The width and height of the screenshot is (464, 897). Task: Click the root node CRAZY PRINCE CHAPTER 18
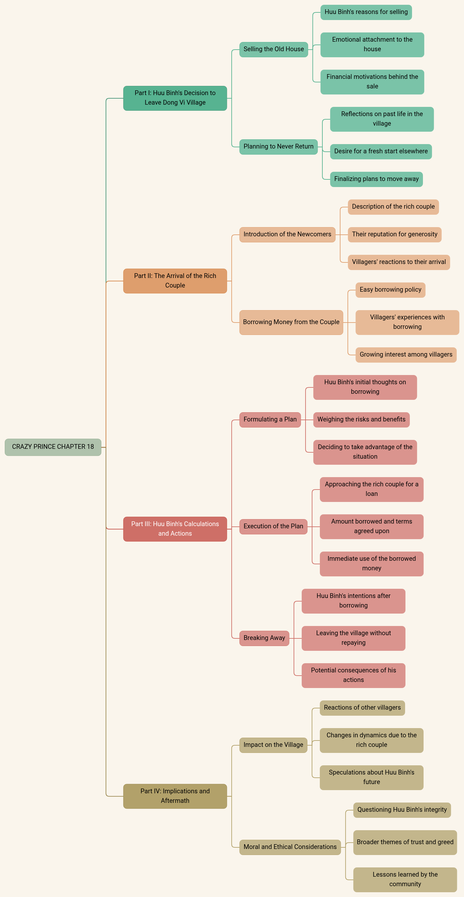(53, 447)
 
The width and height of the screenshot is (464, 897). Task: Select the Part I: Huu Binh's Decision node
(175, 98)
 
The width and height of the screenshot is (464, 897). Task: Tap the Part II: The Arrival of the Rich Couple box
(175, 281)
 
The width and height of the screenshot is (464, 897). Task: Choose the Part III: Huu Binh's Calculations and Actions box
(175, 529)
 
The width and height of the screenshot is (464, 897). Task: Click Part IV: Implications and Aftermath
(175, 796)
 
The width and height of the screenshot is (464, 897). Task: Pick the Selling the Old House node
(273, 49)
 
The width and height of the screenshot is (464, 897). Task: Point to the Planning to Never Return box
(278, 147)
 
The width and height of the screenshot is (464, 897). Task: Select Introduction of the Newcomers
(287, 234)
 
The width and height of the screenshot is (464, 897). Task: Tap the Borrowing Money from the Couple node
(291, 322)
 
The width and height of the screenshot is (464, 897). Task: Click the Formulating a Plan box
(270, 420)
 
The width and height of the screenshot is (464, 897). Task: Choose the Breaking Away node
(264, 638)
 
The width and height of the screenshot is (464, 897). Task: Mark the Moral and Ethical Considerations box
(290, 847)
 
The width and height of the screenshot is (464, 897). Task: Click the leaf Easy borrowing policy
(390, 290)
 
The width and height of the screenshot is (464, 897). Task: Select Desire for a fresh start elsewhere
(381, 151)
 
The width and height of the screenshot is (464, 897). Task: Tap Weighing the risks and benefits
(361, 420)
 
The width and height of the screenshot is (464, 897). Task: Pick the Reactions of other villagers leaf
(362, 707)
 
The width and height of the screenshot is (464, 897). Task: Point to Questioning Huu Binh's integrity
(402, 810)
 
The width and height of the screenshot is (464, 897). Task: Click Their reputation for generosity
(394, 234)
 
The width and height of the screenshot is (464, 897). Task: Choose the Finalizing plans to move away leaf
(376, 179)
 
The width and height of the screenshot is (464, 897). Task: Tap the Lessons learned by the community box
(405, 879)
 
